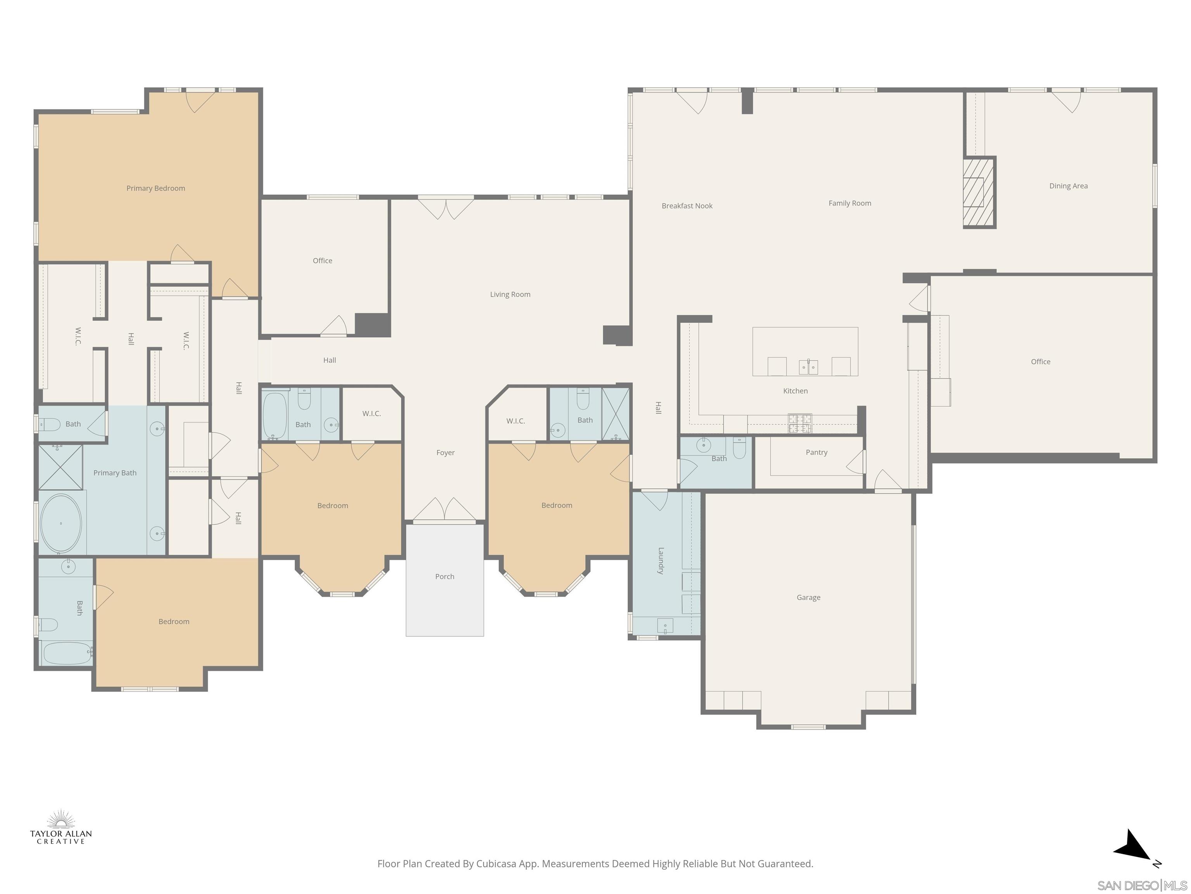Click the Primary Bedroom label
coord(155,188)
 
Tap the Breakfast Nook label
coord(687,206)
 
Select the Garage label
coord(808,597)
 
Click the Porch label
coord(444,577)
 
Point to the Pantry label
coord(816,452)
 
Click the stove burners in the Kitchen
coord(799,424)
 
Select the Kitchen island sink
coord(808,367)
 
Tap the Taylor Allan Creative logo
coord(61,827)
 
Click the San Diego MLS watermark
coord(1141,885)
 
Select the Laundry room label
coord(661,560)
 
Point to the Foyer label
coord(445,453)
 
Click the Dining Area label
coord(1068,186)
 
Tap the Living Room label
coord(510,294)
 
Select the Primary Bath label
coord(115,473)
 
